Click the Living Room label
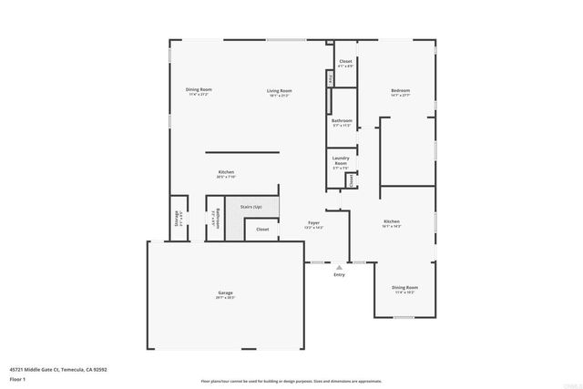pos(279,90)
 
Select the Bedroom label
pos(400,90)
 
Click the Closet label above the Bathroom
pos(345,62)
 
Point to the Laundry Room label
pos(341,161)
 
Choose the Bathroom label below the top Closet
pos(342,120)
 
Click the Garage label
pos(225,292)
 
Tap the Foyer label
pos(313,222)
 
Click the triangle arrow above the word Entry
pos(339,266)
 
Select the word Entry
pos(339,274)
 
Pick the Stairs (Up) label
pos(251,207)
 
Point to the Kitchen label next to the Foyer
pos(391,221)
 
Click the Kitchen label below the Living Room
pos(226,172)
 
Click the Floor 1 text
pos(17,376)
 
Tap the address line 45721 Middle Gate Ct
pos(58,368)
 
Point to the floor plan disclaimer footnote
pos(291,381)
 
